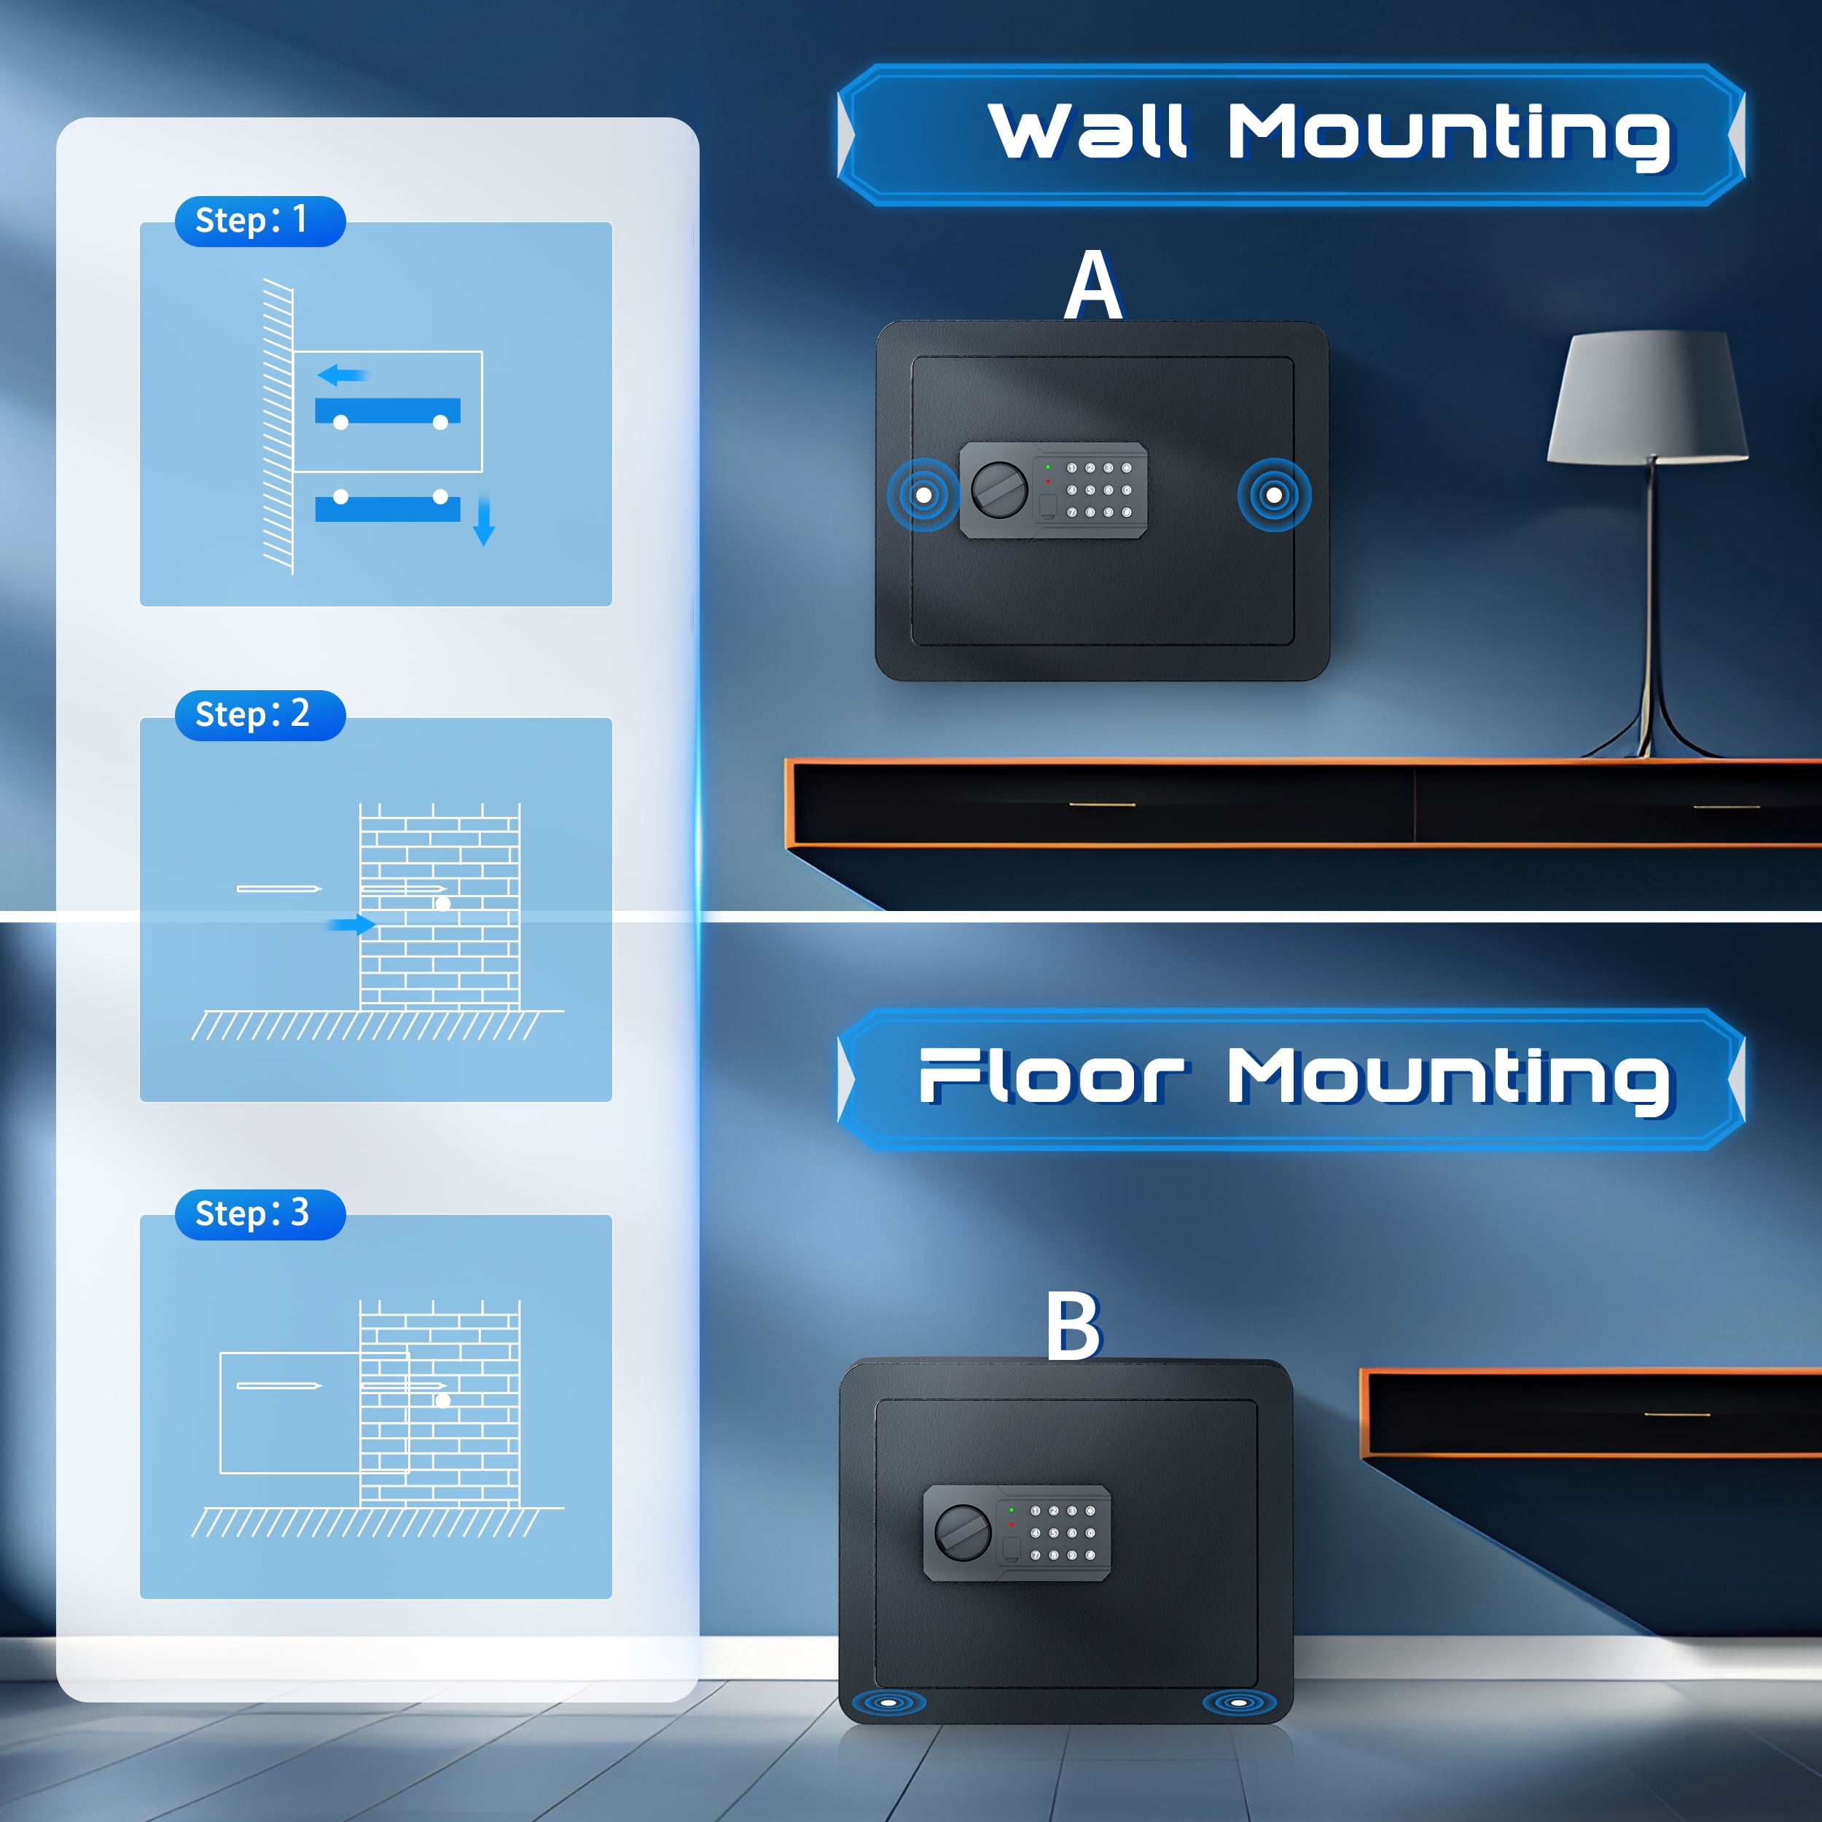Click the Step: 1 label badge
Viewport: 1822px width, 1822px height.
click(260, 222)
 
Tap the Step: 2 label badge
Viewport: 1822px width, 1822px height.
click(260, 715)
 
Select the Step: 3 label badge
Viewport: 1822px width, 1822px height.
click(260, 1213)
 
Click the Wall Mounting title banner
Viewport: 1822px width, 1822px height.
click(1291, 134)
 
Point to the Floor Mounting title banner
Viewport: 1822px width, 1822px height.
click(1291, 1079)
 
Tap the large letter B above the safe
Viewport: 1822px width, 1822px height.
click(1074, 1325)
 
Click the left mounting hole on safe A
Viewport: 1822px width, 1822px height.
click(924, 495)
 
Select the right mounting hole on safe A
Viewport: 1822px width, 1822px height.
click(1274, 495)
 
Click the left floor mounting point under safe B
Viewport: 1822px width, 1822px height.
click(888, 1703)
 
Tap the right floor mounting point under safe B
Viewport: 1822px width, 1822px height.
click(1239, 1703)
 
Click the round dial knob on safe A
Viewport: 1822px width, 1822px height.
click(1000, 488)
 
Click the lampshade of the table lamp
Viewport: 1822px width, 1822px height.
click(1648, 396)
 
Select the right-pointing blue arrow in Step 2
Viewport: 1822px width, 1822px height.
click(352, 925)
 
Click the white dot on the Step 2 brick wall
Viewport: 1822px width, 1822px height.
click(443, 904)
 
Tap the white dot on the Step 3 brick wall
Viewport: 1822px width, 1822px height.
click(443, 1401)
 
